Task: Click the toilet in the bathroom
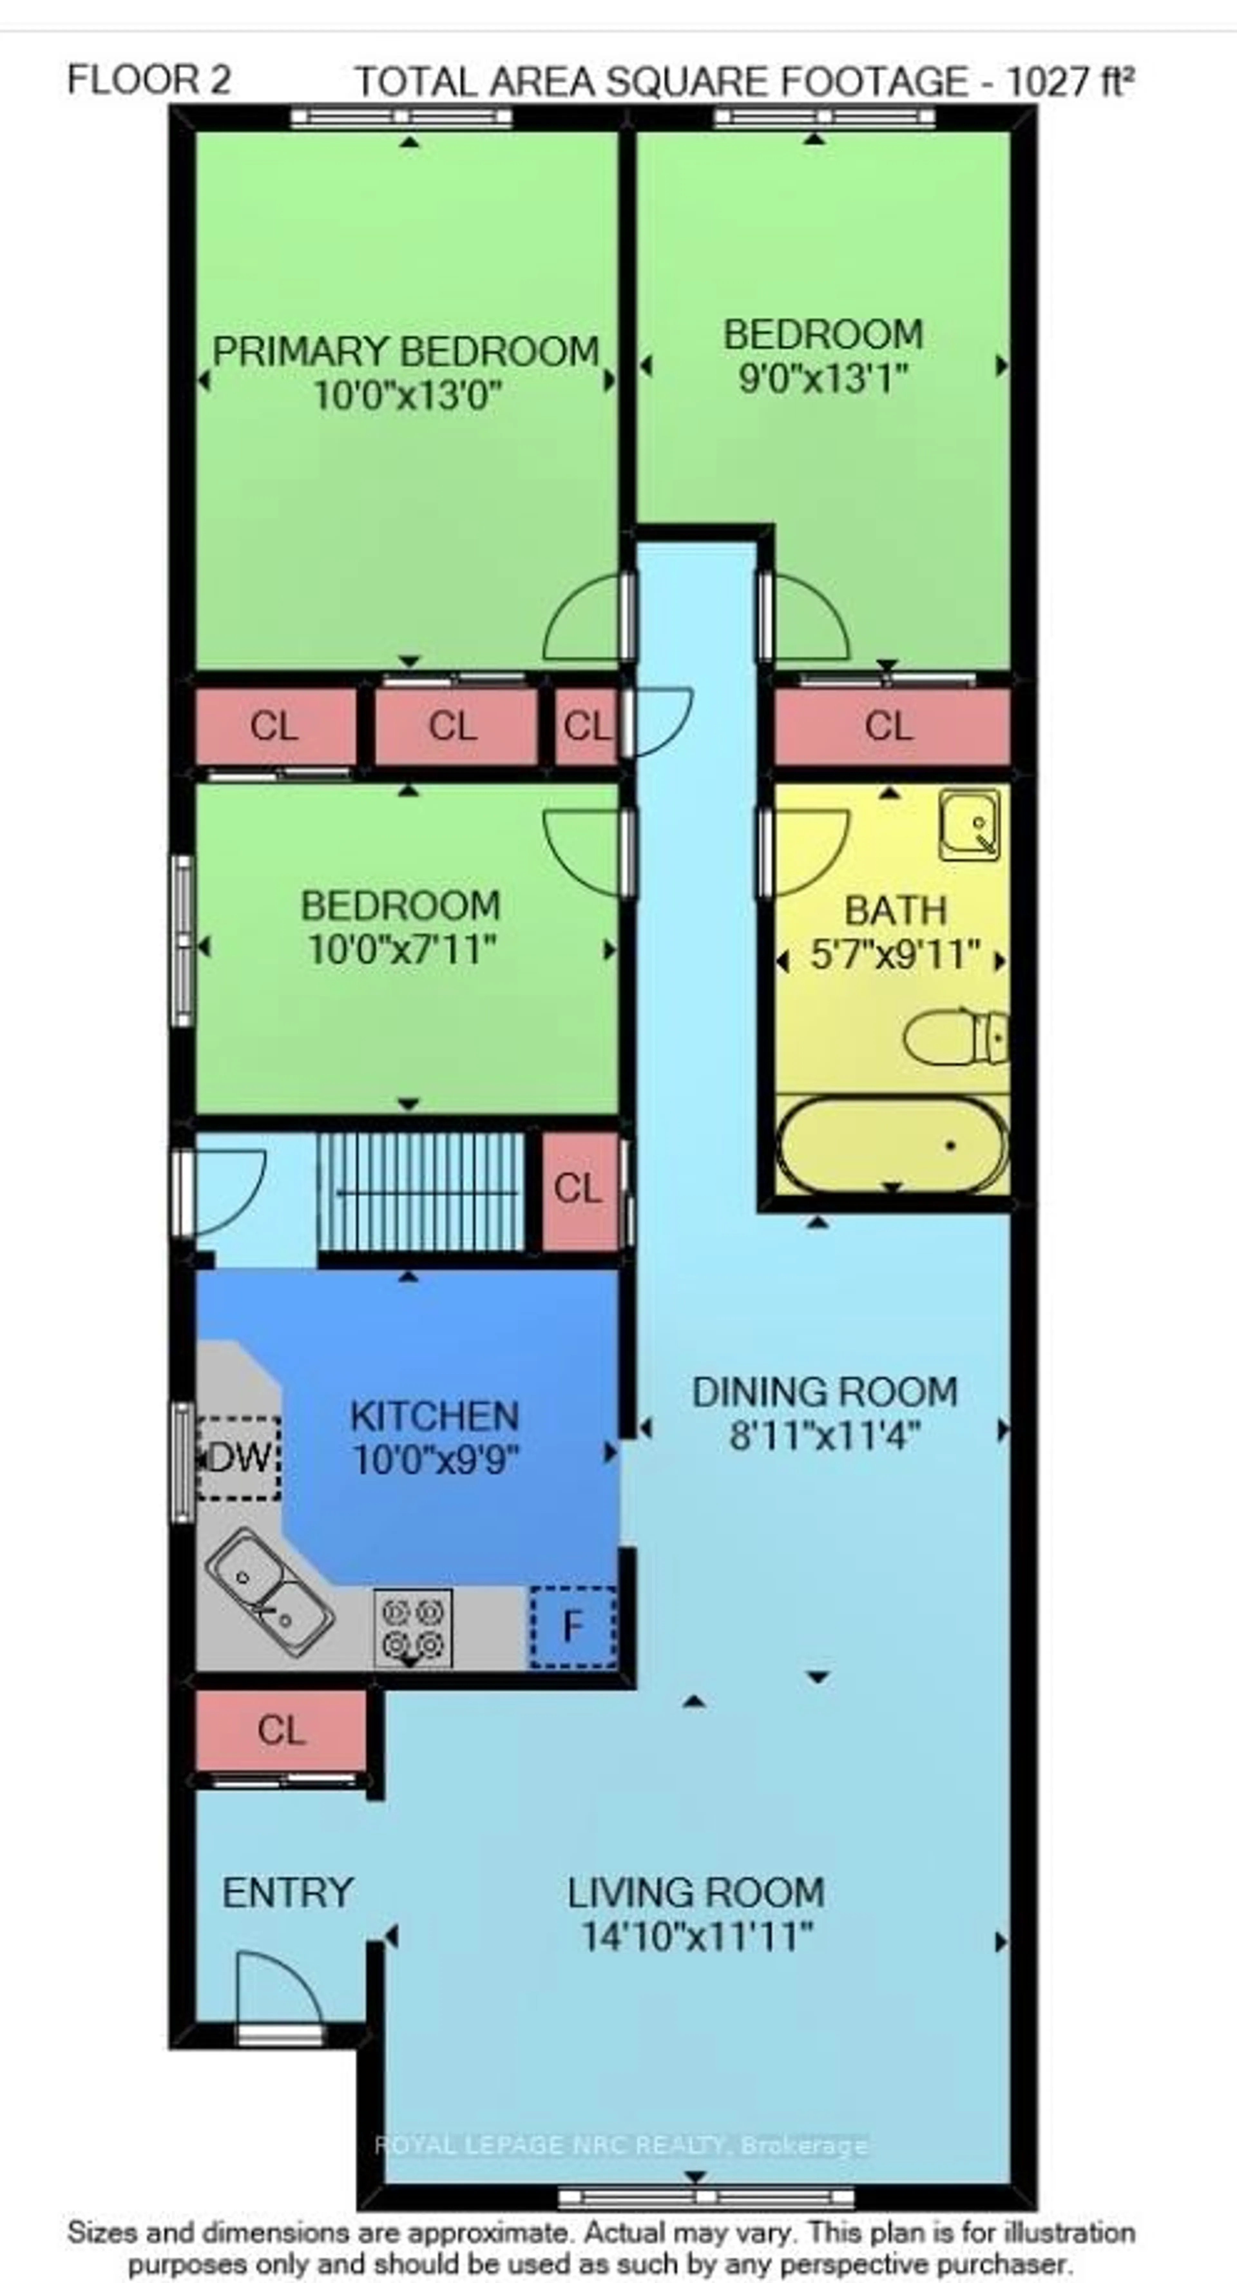[x=957, y=1038]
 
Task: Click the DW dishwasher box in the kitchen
[x=237, y=1458]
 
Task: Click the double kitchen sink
[x=269, y=1581]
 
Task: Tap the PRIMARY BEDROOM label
[x=406, y=352]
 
